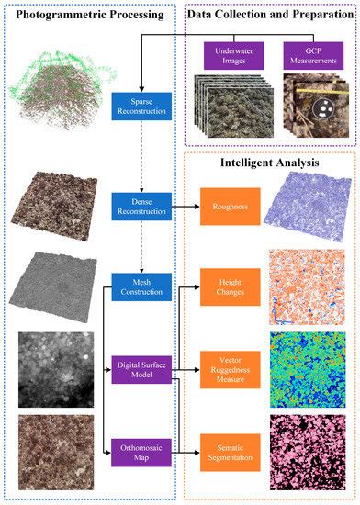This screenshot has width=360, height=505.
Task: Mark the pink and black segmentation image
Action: click(306, 452)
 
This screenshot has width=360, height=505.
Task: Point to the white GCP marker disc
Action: click(299, 111)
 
